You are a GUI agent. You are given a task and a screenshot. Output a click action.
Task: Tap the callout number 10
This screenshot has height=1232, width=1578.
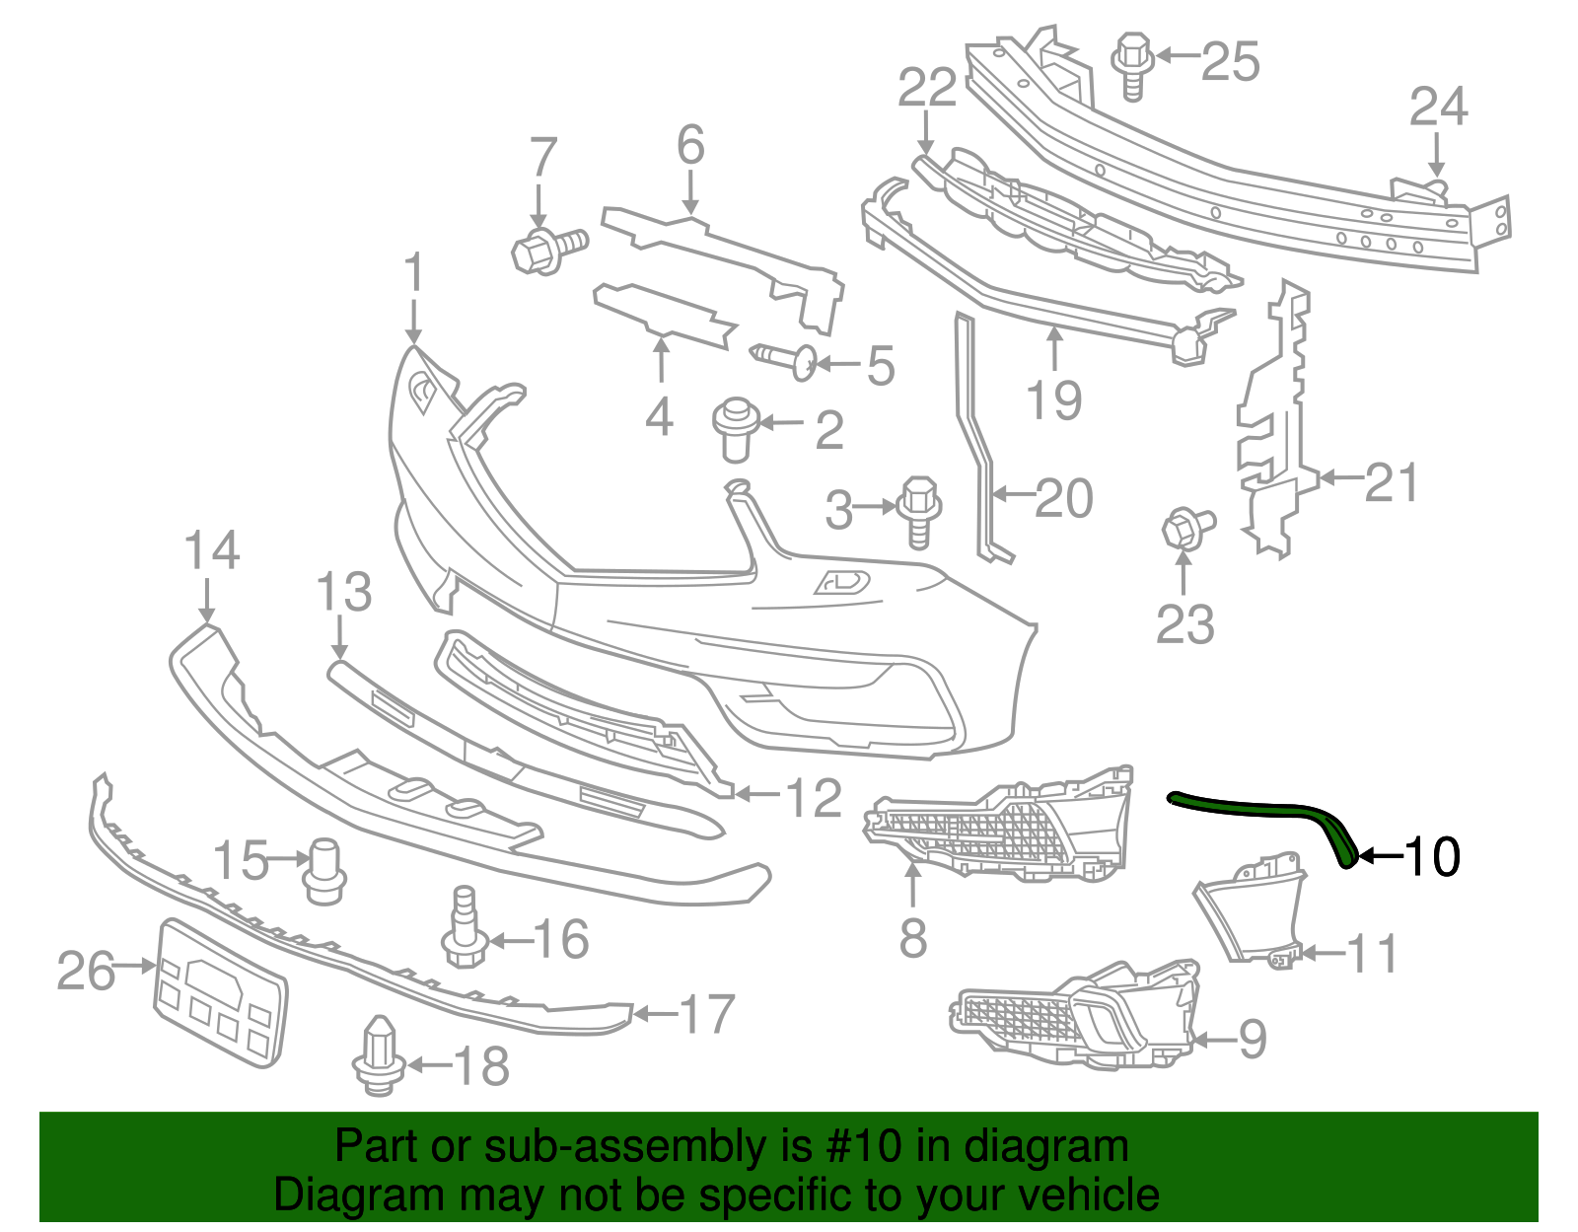[x=1432, y=856]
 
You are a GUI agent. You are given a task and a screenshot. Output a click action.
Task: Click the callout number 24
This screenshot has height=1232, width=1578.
[x=1438, y=106]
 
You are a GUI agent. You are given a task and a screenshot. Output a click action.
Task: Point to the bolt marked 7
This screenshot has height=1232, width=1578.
[x=546, y=247]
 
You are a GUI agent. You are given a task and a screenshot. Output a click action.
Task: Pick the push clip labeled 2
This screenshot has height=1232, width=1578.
[x=733, y=428]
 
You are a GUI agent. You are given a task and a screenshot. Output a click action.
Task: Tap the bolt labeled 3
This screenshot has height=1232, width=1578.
[x=919, y=509]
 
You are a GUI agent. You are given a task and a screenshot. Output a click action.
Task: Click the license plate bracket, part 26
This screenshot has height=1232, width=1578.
[x=221, y=992]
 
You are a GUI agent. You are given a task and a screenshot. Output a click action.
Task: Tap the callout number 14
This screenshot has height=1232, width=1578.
[x=212, y=550]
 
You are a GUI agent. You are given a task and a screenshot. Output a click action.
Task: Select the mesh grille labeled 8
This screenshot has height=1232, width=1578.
[x=1001, y=829]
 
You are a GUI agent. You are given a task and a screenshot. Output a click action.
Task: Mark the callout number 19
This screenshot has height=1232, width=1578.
[x=1053, y=400]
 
